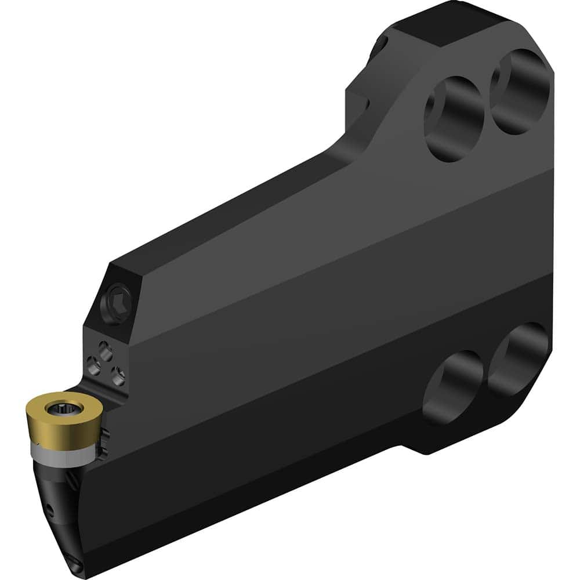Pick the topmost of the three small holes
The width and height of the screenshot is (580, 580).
[105, 348]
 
